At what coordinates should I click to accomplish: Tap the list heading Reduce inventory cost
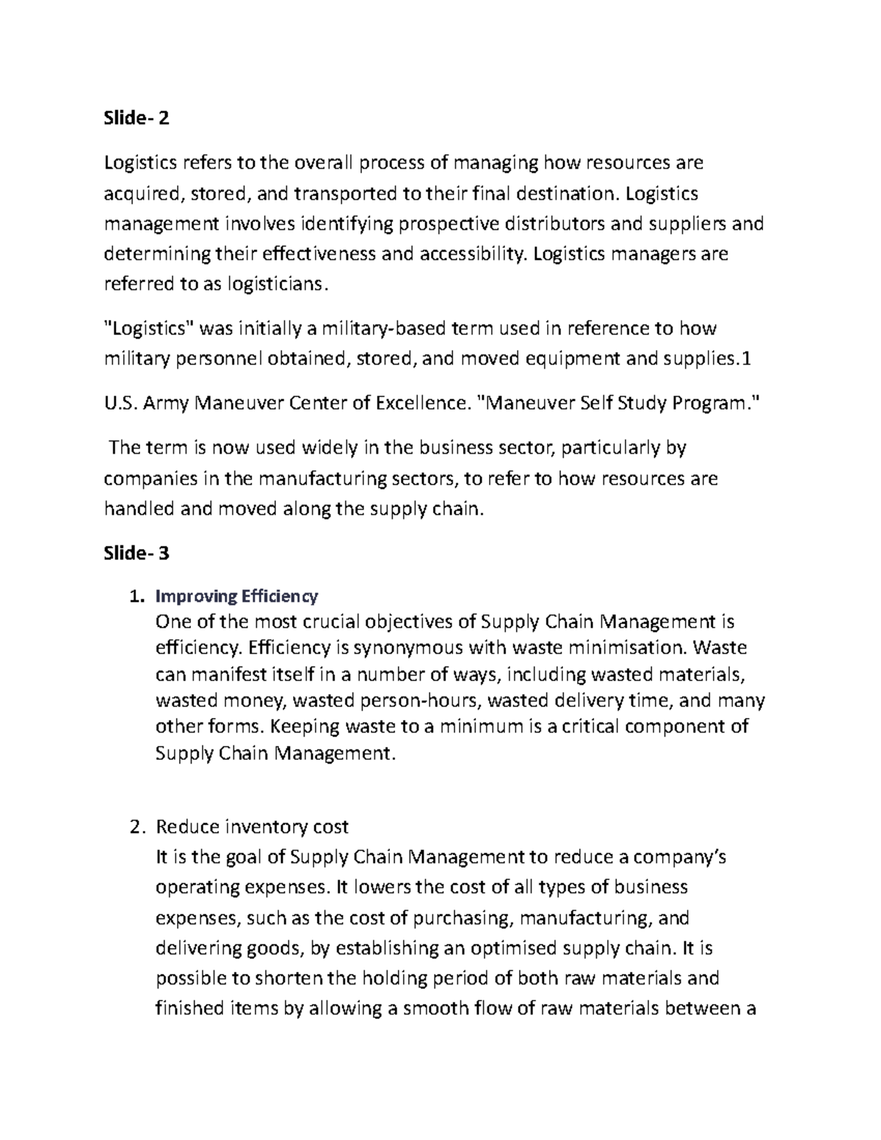(252, 827)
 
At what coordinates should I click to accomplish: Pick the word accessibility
(473, 255)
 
